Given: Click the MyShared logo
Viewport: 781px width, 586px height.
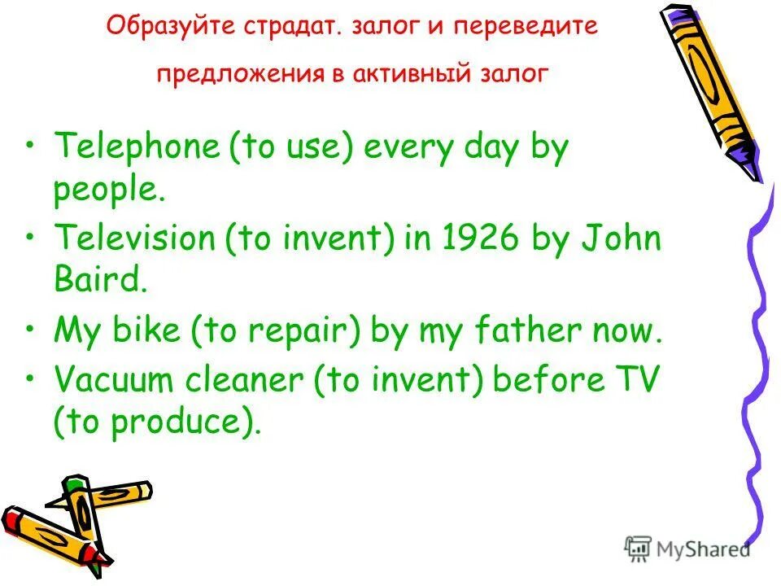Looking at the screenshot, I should tap(687, 549).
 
